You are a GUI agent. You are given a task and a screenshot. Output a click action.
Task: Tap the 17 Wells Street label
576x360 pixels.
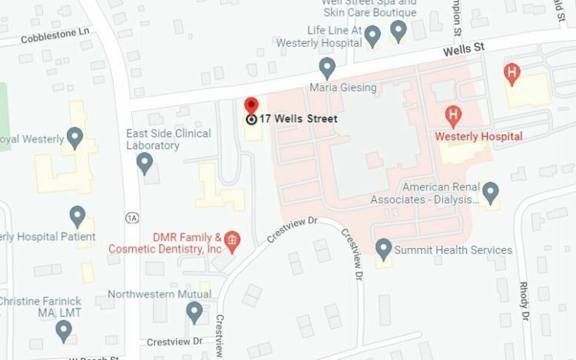tap(298, 119)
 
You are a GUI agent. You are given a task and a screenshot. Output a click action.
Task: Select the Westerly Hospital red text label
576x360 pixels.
tap(478, 137)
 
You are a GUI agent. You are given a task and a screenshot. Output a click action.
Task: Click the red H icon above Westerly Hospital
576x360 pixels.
tap(454, 116)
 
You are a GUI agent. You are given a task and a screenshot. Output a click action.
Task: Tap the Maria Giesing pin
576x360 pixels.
tap(327, 68)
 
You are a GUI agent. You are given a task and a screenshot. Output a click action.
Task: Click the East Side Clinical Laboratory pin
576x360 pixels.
tap(144, 163)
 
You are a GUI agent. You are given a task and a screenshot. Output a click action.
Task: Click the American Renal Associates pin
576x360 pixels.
tap(490, 192)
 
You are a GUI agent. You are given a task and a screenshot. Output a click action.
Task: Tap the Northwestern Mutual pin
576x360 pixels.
tap(194, 312)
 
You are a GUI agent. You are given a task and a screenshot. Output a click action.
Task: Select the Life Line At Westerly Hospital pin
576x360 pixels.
tap(372, 35)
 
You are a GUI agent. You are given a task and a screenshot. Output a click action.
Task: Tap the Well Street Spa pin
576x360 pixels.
tap(398, 31)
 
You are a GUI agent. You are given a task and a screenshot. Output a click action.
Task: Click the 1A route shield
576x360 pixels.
tap(132, 218)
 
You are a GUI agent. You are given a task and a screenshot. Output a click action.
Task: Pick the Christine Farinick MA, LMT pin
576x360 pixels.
tap(64, 330)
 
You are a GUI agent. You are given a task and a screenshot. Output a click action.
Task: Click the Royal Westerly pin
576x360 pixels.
tap(74, 138)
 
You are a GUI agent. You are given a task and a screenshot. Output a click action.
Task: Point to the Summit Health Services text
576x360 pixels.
tap(453, 250)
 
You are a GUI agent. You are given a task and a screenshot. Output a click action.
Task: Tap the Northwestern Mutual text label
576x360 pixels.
tap(160, 294)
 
